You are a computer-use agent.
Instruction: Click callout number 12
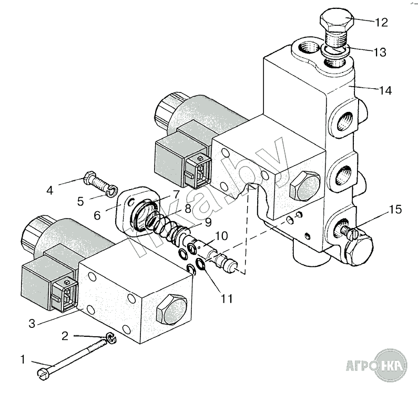(x=381, y=23)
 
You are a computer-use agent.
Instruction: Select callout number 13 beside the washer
(x=380, y=53)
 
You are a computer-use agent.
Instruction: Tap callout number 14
(x=385, y=90)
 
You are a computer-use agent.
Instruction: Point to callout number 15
(x=395, y=210)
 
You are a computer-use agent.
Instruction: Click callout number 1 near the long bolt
(x=22, y=360)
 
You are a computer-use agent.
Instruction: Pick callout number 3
(x=32, y=324)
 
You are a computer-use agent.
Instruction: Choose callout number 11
(x=226, y=299)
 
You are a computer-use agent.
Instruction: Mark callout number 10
(x=221, y=235)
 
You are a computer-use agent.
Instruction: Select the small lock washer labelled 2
(x=111, y=339)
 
